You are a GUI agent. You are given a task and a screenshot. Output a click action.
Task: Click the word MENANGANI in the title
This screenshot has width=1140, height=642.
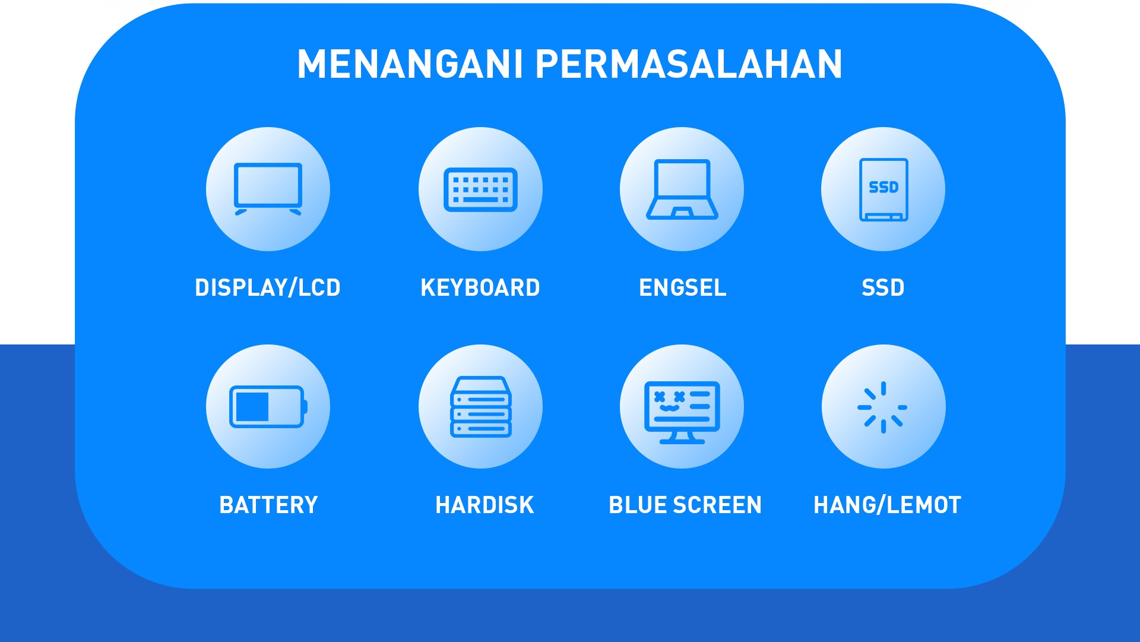(x=410, y=64)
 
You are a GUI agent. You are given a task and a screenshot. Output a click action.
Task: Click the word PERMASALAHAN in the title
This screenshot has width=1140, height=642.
(x=689, y=64)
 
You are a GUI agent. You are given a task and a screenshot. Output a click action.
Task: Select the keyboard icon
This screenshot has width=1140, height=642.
(x=480, y=189)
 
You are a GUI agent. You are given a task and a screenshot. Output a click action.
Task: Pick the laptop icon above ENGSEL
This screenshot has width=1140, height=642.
(x=682, y=189)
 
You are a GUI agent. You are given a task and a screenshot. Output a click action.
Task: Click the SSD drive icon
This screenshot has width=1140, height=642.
(x=883, y=189)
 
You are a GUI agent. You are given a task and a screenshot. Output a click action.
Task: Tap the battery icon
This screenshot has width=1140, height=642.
(x=268, y=407)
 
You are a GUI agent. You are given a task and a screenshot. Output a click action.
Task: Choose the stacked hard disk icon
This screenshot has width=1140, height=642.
(x=481, y=407)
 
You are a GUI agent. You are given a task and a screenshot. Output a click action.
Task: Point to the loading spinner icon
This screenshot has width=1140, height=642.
(x=883, y=407)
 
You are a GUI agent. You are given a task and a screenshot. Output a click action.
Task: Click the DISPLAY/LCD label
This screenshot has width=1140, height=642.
(x=268, y=287)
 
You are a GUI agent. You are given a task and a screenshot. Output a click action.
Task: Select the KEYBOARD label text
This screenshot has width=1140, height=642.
(x=480, y=287)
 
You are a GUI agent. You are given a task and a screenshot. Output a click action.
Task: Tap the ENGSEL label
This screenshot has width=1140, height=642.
(x=682, y=287)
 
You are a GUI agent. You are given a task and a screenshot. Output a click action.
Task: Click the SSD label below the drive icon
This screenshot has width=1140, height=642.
(x=883, y=287)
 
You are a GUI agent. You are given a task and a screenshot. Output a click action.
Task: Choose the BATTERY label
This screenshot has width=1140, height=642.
(x=268, y=505)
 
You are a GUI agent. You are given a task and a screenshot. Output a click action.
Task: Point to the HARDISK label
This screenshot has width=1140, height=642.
(x=484, y=505)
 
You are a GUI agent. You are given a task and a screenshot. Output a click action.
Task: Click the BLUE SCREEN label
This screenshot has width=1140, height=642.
(x=685, y=505)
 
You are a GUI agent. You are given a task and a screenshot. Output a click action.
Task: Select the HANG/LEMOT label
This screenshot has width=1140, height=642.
(x=887, y=505)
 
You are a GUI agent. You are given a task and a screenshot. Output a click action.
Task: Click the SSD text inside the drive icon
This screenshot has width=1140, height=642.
(x=883, y=187)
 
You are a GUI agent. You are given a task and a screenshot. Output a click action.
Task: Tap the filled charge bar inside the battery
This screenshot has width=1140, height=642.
(x=252, y=407)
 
